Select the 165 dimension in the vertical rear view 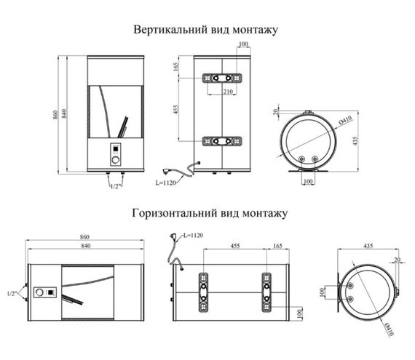[x=176, y=68]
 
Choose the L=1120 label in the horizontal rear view [x=194, y=235]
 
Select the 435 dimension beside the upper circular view [x=356, y=140]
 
